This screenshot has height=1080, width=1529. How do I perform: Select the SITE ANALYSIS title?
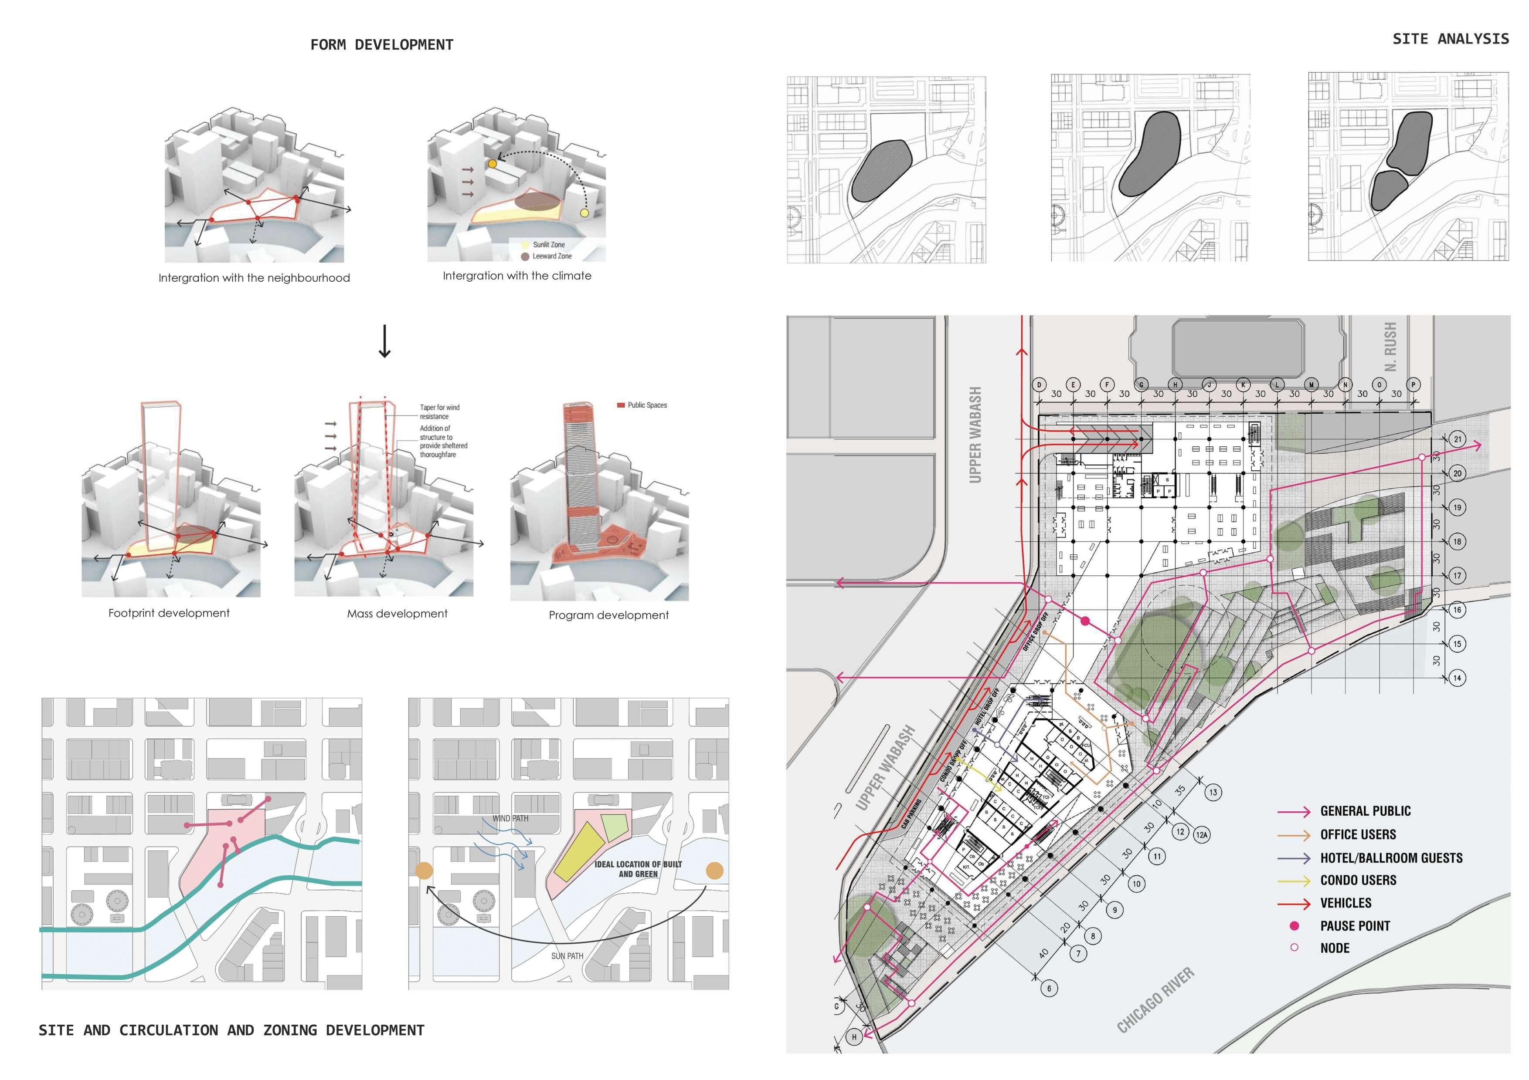click(x=1451, y=39)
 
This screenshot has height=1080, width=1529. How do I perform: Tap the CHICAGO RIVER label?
click(x=1155, y=1000)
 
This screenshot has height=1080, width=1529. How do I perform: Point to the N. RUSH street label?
click(x=1390, y=347)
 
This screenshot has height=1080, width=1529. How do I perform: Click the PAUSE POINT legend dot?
click(x=1294, y=925)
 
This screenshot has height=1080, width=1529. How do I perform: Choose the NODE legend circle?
click(x=1294, y=948)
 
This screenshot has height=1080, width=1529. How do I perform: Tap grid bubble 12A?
click(x=1201, y=834)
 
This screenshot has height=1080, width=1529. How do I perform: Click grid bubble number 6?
click(x=1049, y=988)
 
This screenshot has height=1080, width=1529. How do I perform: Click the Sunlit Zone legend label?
click(x=549, y=245)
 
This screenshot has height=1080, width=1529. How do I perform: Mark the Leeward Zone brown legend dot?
click(x=525, y=256)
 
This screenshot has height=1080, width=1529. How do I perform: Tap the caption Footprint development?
click(x=169, y=613)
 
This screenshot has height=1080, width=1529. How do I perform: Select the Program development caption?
click(x=608, y=615)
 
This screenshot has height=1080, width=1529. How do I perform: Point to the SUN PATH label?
click(x=567, y=955)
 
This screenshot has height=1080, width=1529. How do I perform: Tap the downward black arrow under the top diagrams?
click(x=384, y=341)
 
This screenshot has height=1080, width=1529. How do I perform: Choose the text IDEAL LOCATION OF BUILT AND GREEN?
click(x=638, y=869)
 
